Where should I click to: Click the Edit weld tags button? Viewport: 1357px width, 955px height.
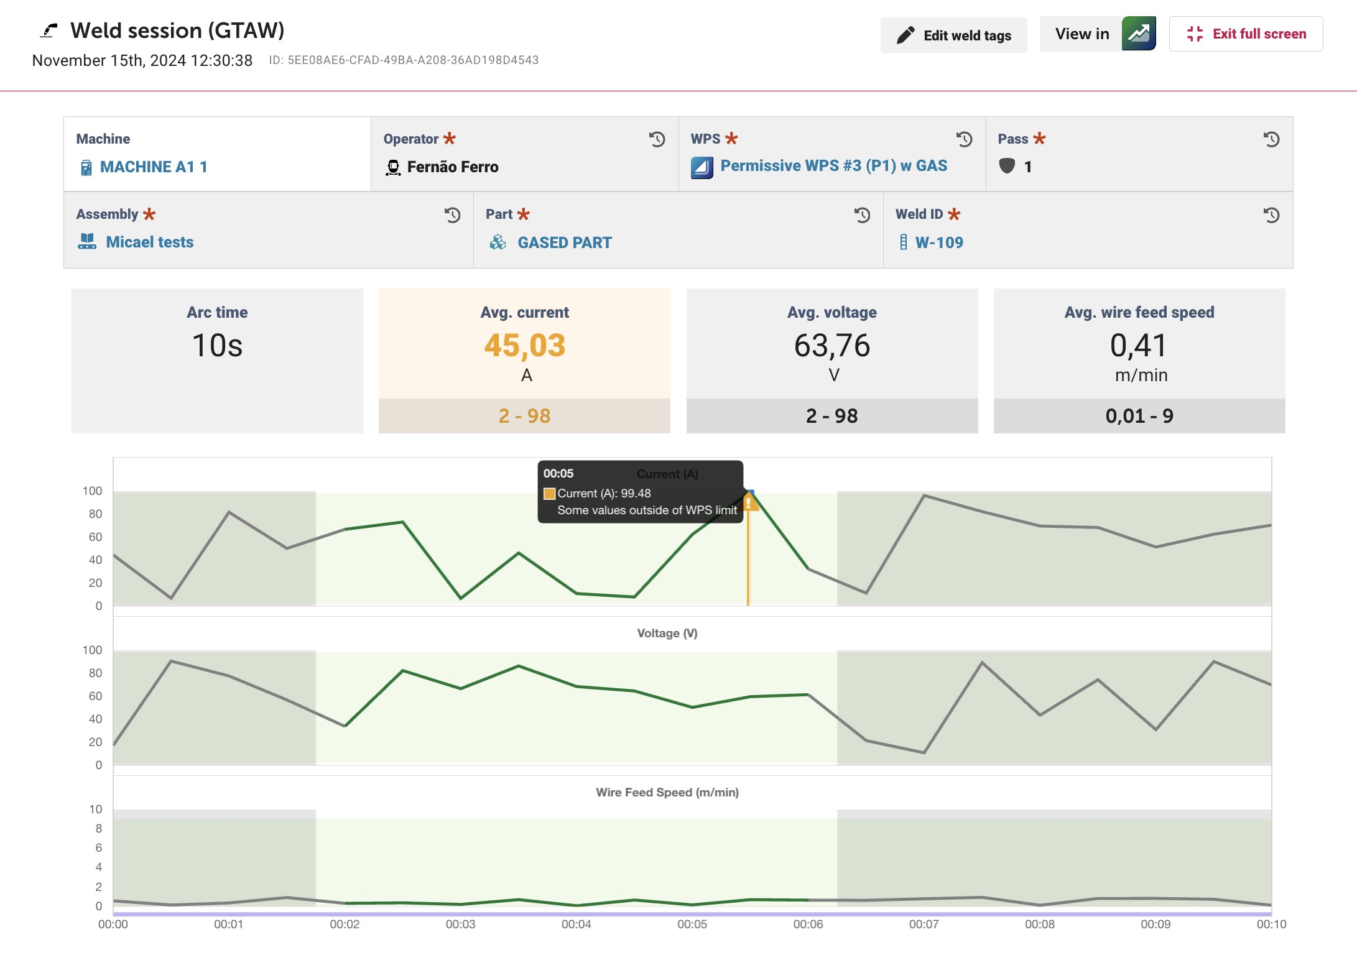tap(953, 35)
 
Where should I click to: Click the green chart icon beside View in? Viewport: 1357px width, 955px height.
tap(1139, 34)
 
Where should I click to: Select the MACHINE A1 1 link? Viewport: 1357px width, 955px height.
tap(154, 167)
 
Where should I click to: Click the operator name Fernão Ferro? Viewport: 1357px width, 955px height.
tap(453, 167)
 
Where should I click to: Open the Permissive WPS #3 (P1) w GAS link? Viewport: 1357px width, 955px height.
tap(833, 165)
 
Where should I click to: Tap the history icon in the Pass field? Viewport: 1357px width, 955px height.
tap(1271, 139)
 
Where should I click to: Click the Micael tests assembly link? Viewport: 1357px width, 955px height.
tap(149, 242)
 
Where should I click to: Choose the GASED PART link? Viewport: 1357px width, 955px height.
tap(565, 242)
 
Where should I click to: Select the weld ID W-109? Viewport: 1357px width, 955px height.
tap(939, 242)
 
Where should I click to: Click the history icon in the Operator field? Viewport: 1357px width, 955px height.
tap(657, 139)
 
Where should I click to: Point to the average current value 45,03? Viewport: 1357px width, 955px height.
tap(525, 345)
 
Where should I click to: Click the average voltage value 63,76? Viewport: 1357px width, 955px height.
tap(832, 345)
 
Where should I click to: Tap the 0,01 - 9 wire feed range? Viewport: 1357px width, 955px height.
tap(1139, 415)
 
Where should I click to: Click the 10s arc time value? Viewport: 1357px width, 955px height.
tap(217, 345)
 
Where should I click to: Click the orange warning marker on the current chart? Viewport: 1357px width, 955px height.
tap(751, 502)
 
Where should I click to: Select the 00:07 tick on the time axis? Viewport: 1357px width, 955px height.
tap(924, 925)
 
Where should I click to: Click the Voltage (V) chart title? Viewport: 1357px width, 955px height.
tap(667, 633)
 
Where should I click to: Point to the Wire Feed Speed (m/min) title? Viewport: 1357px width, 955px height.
tap(667, 792)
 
